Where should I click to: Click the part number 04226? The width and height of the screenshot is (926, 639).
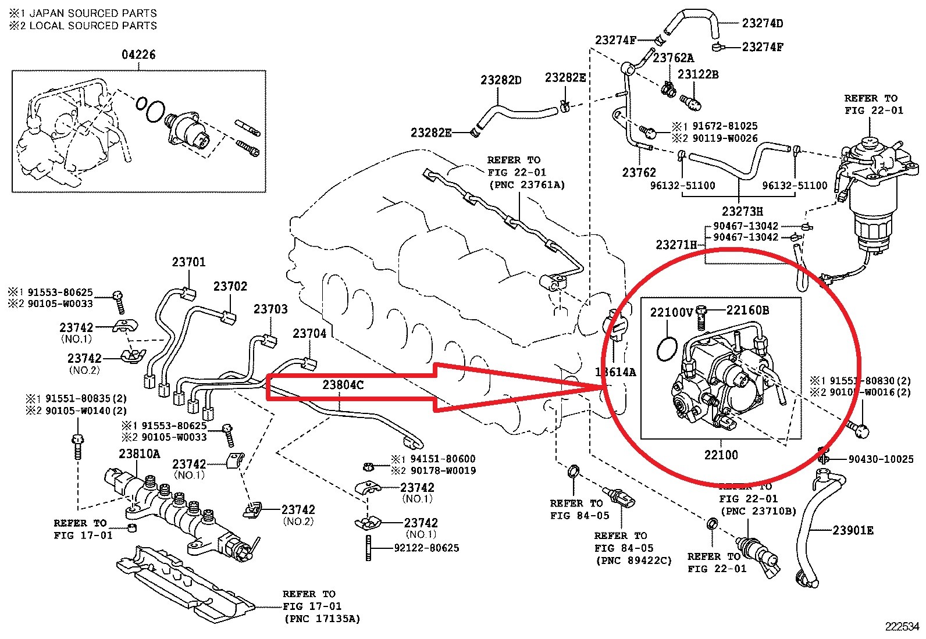click(x=138, y=55)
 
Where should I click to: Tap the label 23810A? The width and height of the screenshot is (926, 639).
click(x=140, y=454)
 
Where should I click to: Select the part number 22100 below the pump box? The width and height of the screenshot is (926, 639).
click(x=721, y=455)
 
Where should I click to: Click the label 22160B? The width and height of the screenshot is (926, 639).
click(x=747, y=310)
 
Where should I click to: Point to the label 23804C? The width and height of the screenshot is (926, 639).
click(x=343, y=385)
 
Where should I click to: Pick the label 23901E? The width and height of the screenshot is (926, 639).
click(x=853, y=530)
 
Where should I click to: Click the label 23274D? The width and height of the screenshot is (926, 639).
click(x=763, y=23)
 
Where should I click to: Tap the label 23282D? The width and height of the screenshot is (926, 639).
click(x=501, y=80)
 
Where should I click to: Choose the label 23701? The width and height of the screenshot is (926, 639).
click(x=188, y=262)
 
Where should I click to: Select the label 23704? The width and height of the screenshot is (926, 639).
click(x=309, y=333)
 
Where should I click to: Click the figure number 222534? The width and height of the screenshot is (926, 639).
click(x=902, y=627)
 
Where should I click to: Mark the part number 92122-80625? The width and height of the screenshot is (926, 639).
click(x=426, y=548)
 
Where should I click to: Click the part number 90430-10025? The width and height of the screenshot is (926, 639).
click(x=881, y=459)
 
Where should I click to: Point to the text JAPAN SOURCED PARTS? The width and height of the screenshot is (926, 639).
click(x=93, y=13)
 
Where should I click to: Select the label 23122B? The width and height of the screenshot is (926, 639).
click(x=698, y=74)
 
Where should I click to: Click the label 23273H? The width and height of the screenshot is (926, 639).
click(x=742, y=211)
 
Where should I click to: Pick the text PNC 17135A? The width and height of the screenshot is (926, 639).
click(x=322, y=619)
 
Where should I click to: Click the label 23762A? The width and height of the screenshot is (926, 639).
click(x=673, y=58)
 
